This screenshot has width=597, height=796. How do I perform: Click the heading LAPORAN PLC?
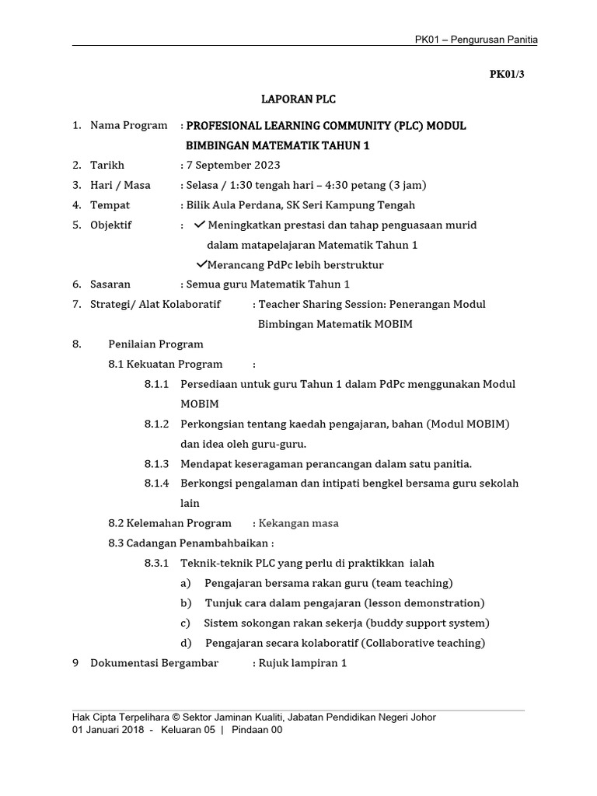click(x=298, y=99)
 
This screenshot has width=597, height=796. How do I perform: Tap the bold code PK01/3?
click(x=507, y=75)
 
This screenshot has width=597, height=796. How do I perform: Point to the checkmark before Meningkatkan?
click(x=199, y=225)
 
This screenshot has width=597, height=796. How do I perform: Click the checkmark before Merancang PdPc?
click(x=201, y=264)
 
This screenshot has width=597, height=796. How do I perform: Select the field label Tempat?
click(x=110, y=205)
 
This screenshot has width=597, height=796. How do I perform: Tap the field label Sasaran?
click(x=110, y=285)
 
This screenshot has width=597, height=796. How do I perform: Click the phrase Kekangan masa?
click(x=298, y=523)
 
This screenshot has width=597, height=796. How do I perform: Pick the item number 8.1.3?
click(x=156, y=464)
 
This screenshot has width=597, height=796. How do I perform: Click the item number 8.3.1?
click(x=156, y=563)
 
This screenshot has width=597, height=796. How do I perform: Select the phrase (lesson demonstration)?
click(x=424, y=603)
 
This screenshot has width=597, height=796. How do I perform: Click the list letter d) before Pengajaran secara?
click(x=187, y=643)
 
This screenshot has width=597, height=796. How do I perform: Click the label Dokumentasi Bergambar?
click(x=155, y=663)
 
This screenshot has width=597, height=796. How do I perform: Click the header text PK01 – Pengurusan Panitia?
click(x=477, y=40)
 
